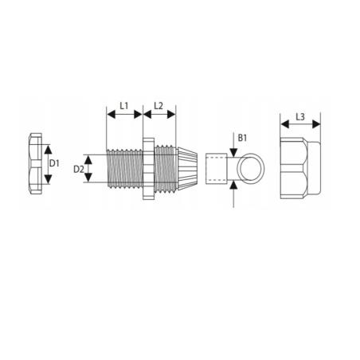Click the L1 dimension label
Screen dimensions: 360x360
pos(124,106)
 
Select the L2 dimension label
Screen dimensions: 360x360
pos(158,106)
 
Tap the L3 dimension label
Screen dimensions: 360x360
pos(300,116)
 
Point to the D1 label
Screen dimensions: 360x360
pos(54,163)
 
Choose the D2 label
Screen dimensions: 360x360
pos(79,169)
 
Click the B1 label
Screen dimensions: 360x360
pos(242,138)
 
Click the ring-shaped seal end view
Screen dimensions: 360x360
pos(250,169)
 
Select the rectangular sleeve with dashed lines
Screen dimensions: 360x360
pos(217,169)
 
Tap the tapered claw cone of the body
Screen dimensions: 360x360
pos(187,169)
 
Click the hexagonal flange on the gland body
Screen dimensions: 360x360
pos(148,168)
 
